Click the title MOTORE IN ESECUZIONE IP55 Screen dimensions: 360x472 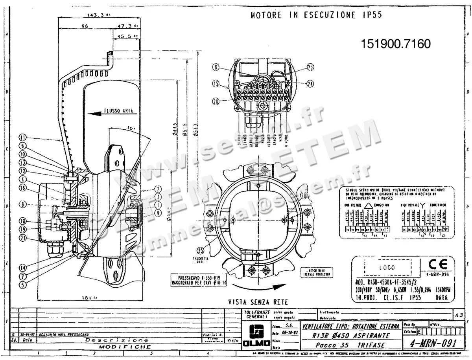click(x=316, y=15)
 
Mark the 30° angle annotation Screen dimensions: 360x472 click(x=131, y=128)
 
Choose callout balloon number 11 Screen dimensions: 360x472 click(x=23, y=138)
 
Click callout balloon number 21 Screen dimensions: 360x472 click(x=23, y=238)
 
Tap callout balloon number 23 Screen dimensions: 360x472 click(x=311, y=68)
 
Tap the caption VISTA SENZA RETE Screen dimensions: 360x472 click(x=258, y=302)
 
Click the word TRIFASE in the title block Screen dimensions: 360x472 click(x=369, y=345)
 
